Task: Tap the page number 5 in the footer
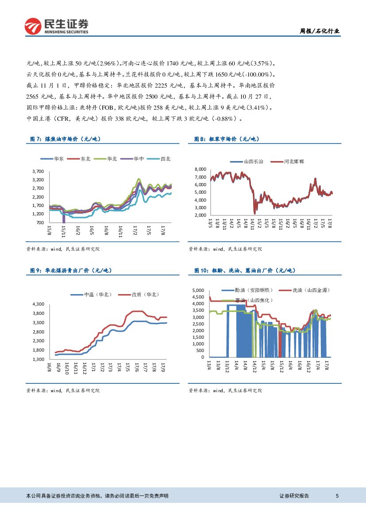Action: pos(338,496)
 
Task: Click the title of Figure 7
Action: pos(65,139)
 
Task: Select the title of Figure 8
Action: pos(227,139)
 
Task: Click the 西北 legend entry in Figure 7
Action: pos(161,159)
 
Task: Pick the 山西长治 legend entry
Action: pos(250,162)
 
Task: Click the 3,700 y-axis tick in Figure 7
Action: pos(38,171)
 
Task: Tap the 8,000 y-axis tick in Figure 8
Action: pos(200,169)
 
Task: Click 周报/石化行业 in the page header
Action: pos(320,31)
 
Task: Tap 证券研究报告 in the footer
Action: pos(294,496)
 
